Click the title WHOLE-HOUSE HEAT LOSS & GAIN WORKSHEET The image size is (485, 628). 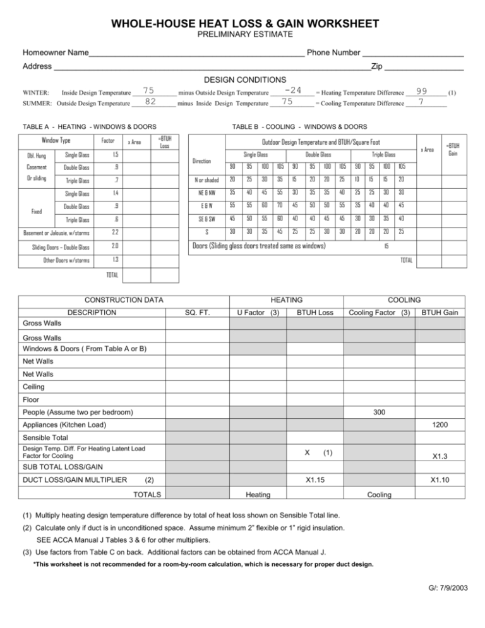click(242, 24)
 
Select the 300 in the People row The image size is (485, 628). click(380, 411)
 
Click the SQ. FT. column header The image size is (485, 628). click(197, 312)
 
